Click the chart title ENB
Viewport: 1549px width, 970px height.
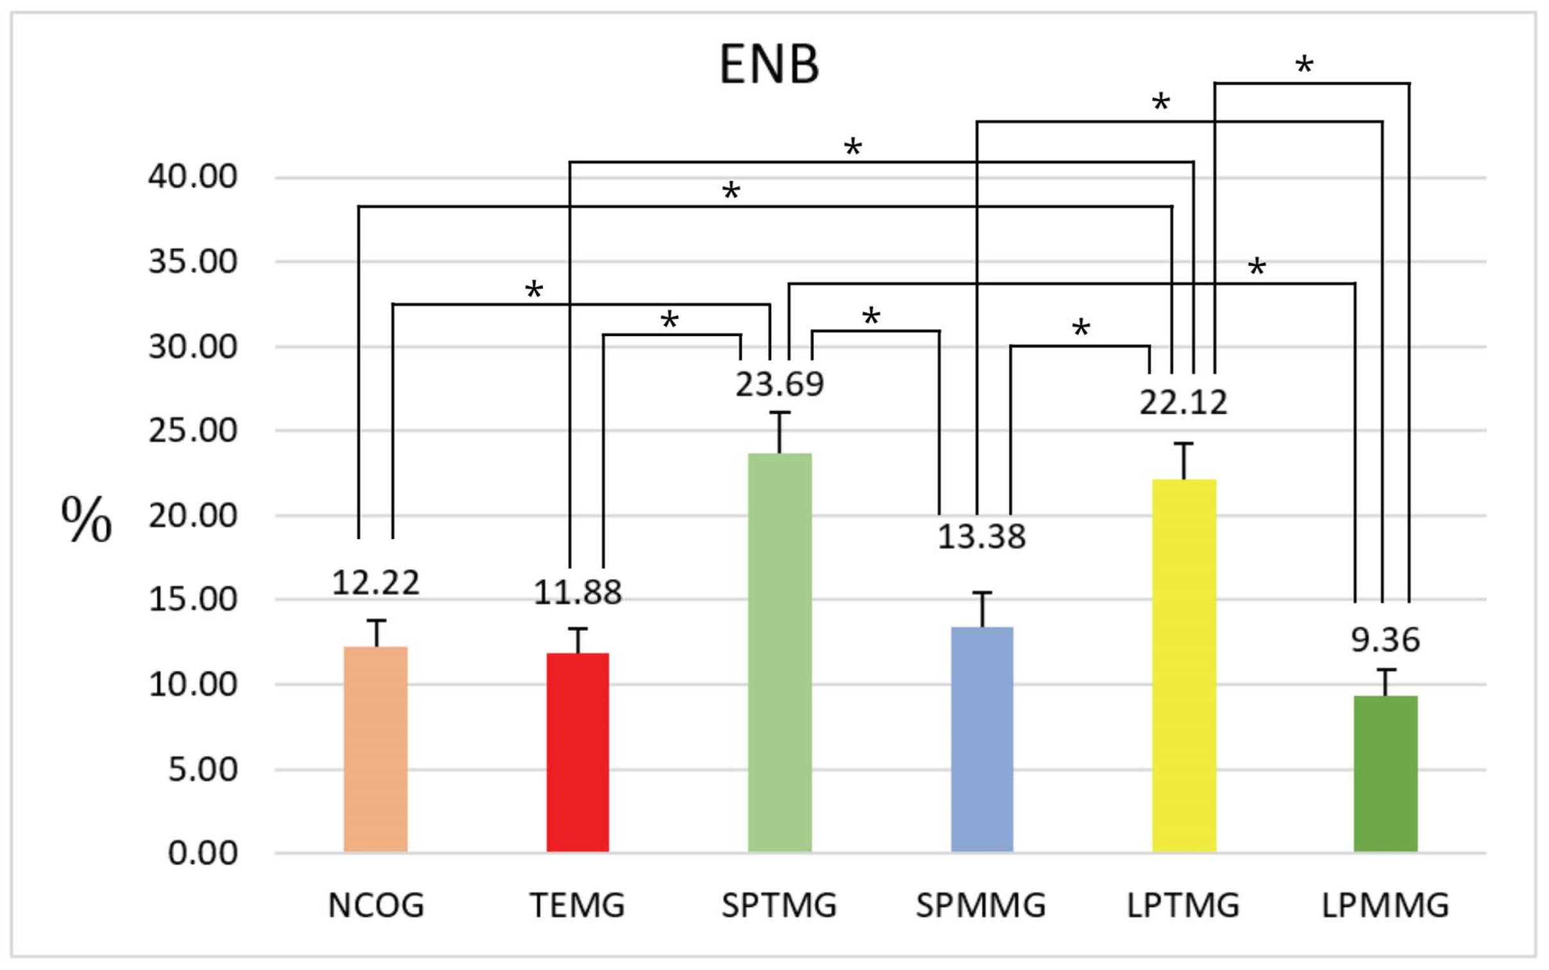coord(769,64)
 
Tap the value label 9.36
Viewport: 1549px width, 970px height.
coord(1386,640)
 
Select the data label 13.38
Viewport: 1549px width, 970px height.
coord(982,537)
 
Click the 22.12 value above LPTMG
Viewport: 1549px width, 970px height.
coord(1184,403)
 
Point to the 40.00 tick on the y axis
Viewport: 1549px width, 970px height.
coord(192,176)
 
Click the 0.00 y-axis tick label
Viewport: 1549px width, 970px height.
coord(203,854)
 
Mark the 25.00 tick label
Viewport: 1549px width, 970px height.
coord(192,430)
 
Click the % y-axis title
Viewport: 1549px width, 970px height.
coord(86,520)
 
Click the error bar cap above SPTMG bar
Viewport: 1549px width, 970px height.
coord(780,412)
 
